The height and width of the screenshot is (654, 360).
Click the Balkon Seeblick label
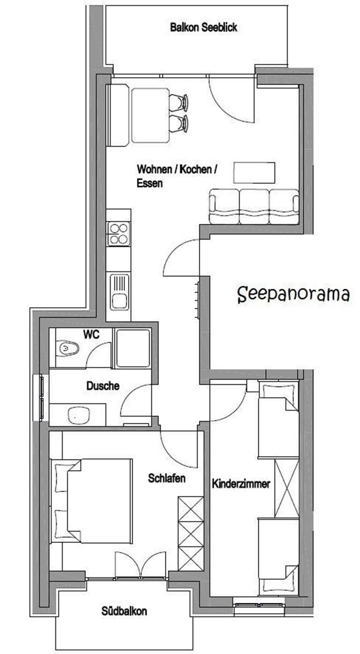click(203, 28)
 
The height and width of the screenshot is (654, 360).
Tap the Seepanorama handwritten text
click(293, 294)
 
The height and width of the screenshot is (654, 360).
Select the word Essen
click(150, 183)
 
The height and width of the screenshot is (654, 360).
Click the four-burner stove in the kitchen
click(119, 234)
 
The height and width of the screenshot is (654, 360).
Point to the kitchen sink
click(120, 292)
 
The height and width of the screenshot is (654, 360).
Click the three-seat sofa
click(254, 207)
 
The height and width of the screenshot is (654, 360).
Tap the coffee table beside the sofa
click(254, 173)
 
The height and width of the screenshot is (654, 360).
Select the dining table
click(150, 115)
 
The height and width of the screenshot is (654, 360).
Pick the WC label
click(91, 335)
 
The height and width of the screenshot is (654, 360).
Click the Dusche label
click(103, 386)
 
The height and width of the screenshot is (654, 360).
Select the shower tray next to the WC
click(133, 348)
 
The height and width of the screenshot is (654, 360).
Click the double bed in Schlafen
click(91, 501)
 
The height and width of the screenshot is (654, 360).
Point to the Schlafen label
click(167, 478)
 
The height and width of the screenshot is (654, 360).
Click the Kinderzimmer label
click(241, 484)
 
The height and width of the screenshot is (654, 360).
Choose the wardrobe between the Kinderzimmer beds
click(287, 489)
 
